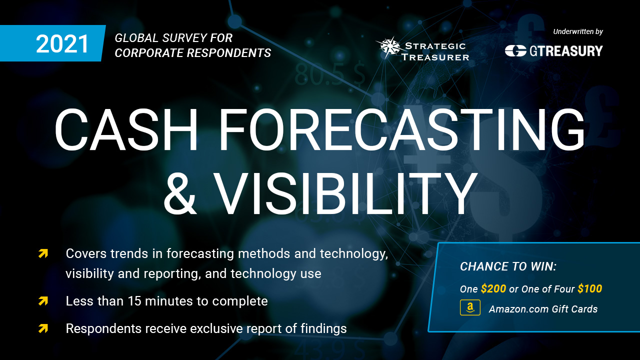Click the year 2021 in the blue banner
[62, 43]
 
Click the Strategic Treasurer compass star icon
[388, 47]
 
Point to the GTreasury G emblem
[515, 51]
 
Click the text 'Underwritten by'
[577, 31]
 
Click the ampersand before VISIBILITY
[180, 193]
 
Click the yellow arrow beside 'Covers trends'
[43, 253]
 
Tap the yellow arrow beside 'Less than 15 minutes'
[43, 301]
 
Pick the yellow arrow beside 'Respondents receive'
[43, 328]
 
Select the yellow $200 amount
[493, 289]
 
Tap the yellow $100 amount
[589, 289]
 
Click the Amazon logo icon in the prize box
[470, 307]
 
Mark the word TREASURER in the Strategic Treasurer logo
[435, 57]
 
